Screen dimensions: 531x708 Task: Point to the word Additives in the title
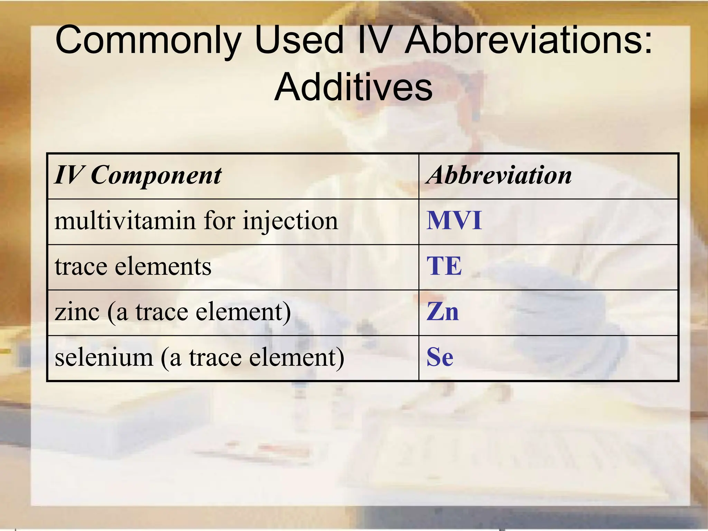(353, 87)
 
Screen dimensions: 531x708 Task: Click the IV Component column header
(138, 176)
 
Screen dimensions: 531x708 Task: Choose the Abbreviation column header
(499, 175)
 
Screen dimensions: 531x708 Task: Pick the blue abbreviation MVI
(454, 221)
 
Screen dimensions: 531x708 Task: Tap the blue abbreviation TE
(444, 266)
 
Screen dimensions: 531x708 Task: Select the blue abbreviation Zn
(442, 312)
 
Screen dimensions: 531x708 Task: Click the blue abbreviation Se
(440, 357)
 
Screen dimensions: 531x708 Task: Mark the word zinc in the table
(77, 312)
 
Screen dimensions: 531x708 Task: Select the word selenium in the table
(104, 357)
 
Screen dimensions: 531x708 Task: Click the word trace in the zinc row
(162, 312)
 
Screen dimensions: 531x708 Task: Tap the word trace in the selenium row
(215, 357)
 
